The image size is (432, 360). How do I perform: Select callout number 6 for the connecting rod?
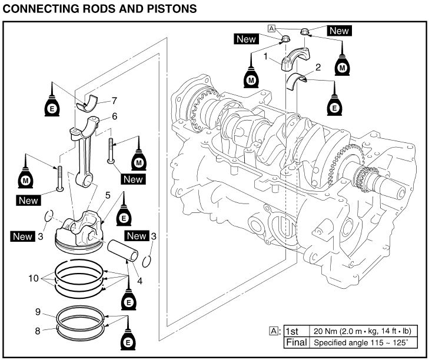(x=114, y=116)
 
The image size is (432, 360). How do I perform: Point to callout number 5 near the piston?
(x=108, y=195)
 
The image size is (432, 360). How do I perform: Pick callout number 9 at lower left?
(x=37, y=312)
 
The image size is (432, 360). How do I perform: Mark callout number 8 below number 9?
(x=37, y=331)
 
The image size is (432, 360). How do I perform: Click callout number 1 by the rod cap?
(x=266, y=57)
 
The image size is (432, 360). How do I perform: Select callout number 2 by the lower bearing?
(x=318, y=67)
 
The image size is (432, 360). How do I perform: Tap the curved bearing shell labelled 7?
(x=89, y=104)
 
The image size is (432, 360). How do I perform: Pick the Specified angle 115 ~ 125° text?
(x=353, y=342)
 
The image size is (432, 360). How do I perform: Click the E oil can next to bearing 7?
(x=52, y=107)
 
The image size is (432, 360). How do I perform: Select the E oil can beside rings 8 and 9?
(x=127, y=342)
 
